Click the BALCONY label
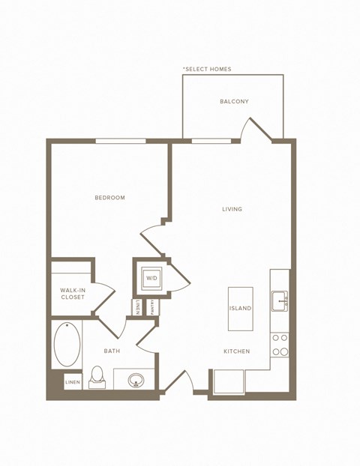234,101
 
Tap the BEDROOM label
109,198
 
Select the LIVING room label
232,209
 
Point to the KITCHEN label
236,351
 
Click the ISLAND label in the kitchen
240,308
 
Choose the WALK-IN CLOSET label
73,294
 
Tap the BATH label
112,351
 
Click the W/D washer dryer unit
151,278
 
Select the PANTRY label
153,307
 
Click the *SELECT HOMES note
207,69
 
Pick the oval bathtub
67,344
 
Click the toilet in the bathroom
97,378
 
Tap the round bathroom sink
136,380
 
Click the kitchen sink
279,301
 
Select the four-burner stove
280,345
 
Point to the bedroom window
121,141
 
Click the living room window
211,141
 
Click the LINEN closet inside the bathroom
73,382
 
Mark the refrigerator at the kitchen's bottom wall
229,382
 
